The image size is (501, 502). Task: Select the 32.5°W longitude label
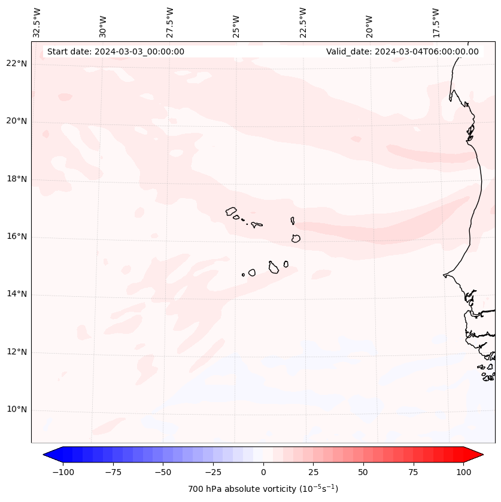coord(37,23)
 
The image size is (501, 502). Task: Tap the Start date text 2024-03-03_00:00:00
coord(116,51)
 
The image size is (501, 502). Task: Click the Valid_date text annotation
coord(402,51)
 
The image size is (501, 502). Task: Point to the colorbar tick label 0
coord(263,472)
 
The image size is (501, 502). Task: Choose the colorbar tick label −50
coord(163,472)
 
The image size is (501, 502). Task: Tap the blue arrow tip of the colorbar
coord(48,455)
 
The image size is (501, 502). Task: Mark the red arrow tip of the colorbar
coord(478,455)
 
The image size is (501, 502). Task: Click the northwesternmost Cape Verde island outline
coord(231,211)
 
